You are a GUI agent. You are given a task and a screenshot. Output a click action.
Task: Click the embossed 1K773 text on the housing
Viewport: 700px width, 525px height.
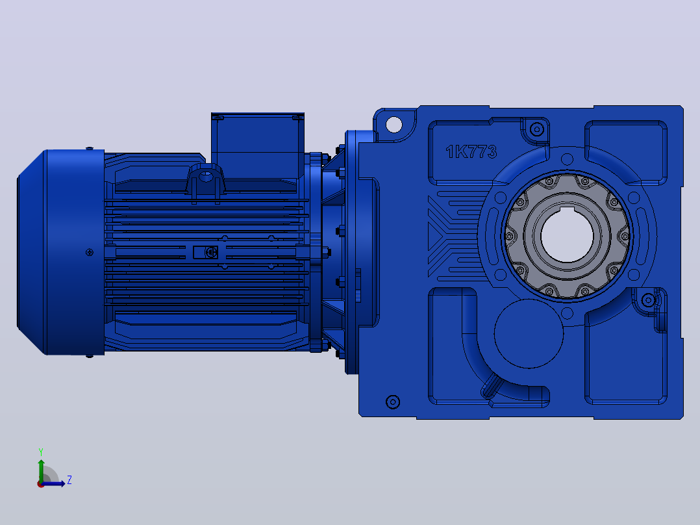pyautogui.click(x=471, y=152)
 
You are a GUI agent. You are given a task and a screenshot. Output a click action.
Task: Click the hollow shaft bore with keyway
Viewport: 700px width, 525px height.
pyautogui.click(x=567, y=235)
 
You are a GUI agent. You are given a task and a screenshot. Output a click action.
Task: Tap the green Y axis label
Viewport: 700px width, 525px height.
pyautogui.click(x=41, y=452)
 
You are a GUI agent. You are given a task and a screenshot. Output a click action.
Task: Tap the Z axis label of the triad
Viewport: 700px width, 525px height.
pyautogui.click(x=69, y=480)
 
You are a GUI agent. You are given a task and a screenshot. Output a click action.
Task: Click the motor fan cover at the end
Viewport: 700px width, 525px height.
pyautogui.click(x=61, y=253)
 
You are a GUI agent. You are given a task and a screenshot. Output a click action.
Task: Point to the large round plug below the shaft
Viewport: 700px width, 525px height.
pyautogui.click(x=529, y=333)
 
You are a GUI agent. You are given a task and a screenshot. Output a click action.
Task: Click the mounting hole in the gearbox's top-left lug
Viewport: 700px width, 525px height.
pyautogui.click(x=394, y=124)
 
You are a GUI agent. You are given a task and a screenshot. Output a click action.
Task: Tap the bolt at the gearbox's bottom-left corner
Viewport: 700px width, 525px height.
pyautogui.click(x=392, y=402)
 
